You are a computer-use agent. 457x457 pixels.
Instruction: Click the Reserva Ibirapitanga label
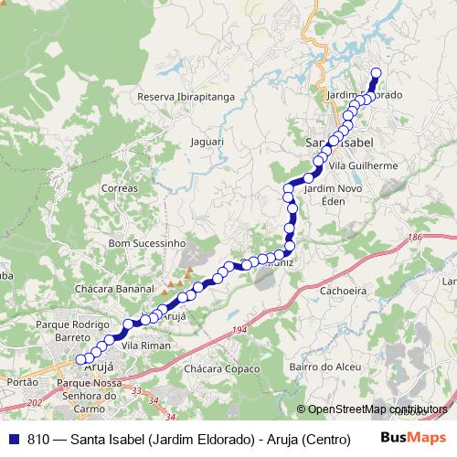(x=186, y=96)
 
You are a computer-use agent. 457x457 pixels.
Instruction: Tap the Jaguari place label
(x=206, y=142)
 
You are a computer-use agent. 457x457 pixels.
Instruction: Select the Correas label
(x=121, y=187)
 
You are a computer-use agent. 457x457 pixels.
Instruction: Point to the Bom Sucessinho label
(x=146, y=244)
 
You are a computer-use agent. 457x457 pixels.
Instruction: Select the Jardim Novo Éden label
(x=331, y=194)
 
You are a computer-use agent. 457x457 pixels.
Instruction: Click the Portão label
(x=21, y=382)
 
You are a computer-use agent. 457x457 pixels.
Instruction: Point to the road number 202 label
(x=36, y=403)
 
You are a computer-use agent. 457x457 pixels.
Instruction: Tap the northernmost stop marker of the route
(x=376, y=74)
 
